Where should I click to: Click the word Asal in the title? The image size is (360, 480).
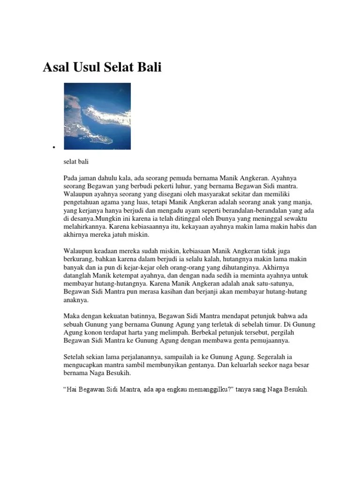tap(57, 67)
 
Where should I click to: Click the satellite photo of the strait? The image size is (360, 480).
tap(97, 116)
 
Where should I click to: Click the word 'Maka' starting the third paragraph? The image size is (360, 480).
tap(71, 316)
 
